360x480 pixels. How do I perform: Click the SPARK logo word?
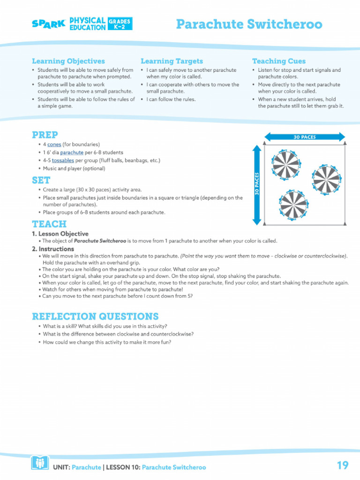coord(48,24)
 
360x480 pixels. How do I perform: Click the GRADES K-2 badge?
coord(120,24)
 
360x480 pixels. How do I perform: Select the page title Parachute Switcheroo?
coord(249,24)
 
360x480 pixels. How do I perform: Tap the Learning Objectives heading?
coord(68,61)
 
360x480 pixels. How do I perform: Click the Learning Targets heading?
coord(172,61)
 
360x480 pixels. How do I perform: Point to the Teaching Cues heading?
coord(278,61)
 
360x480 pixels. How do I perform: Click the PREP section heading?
coord(45,135)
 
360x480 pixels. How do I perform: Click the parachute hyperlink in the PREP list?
coord(72,152)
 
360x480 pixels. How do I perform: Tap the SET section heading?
coord(41,180)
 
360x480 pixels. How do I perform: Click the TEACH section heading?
coord(49,224)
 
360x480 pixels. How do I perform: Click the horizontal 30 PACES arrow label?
coord(305,137)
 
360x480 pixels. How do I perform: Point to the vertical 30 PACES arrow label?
coord(257,184)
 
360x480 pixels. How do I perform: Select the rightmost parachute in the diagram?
coord(327,179)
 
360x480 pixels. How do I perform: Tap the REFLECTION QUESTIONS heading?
coord(95,316)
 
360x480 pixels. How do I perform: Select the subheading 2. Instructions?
coord(53,249)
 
